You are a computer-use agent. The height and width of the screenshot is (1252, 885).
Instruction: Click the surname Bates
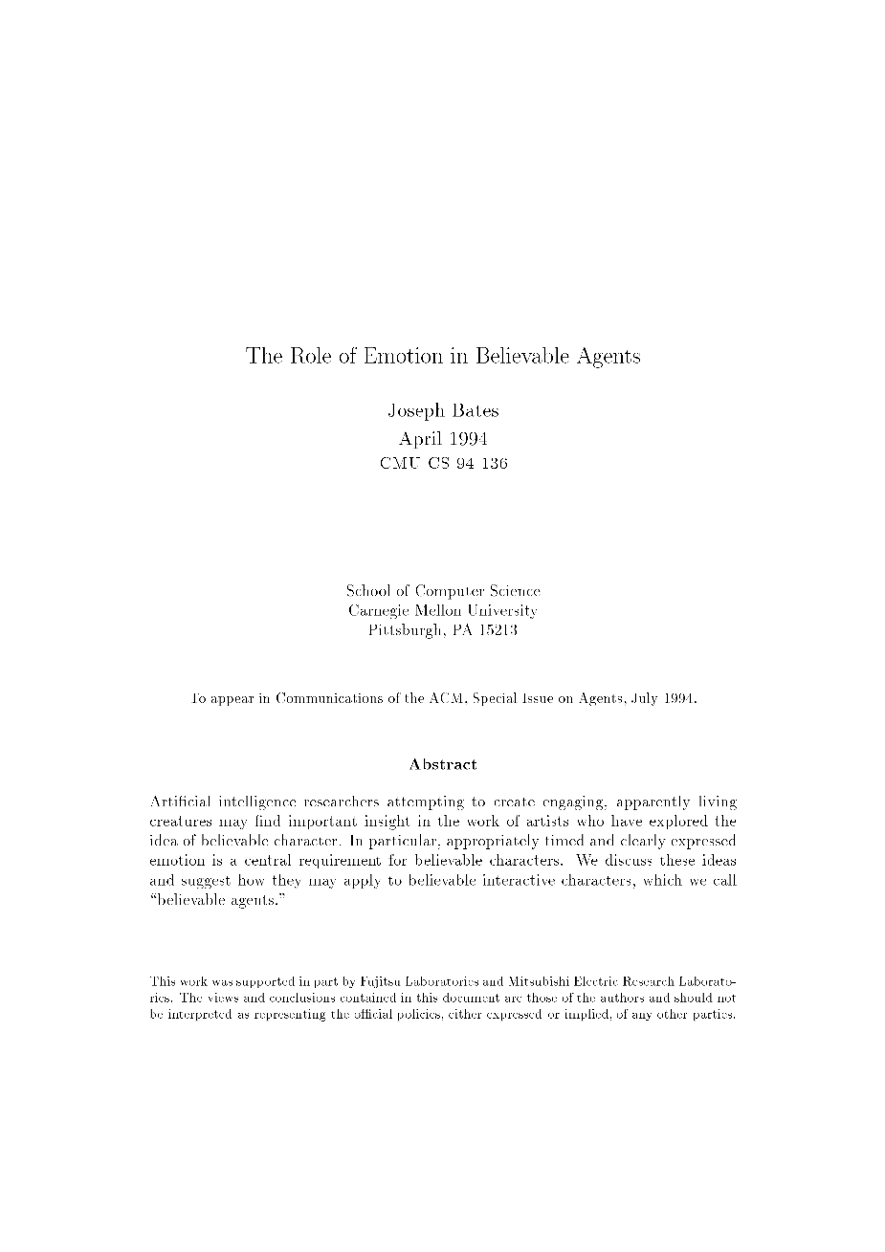point(476,411)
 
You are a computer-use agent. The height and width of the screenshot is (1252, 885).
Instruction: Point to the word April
point(421,439)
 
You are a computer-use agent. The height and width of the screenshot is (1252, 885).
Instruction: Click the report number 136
point(494,464)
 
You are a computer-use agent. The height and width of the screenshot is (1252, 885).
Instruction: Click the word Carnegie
point(382,611)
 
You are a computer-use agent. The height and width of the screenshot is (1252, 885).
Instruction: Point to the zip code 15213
point(497,630)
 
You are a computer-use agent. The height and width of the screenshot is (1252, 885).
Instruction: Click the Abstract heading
point(443,764)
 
